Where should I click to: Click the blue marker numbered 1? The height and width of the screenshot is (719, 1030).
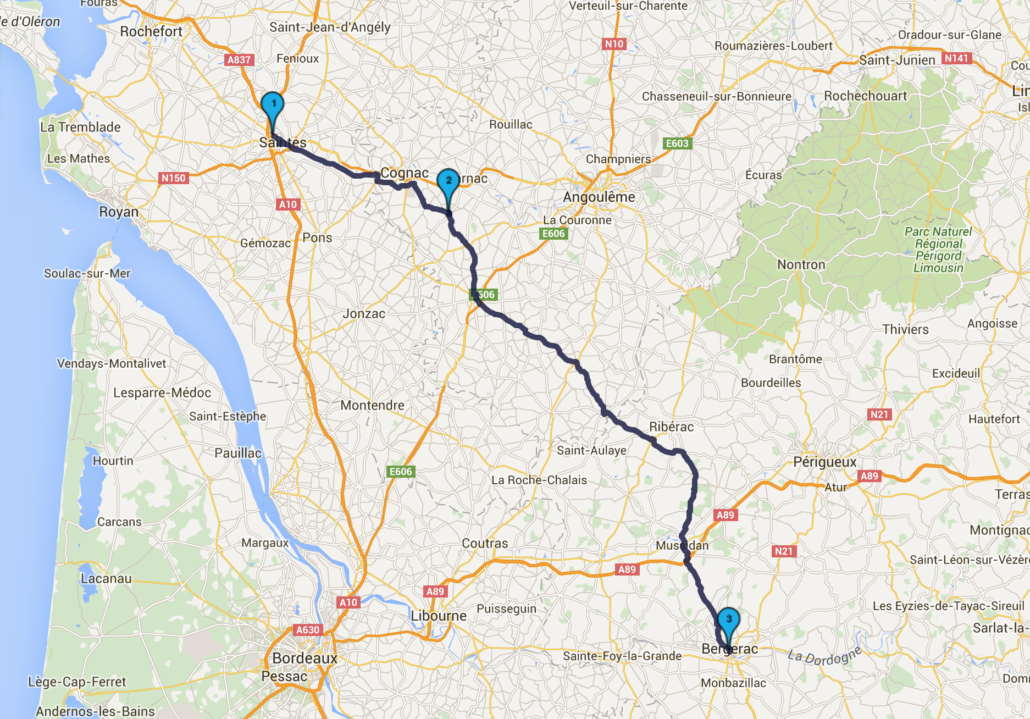click(x=272, y=104)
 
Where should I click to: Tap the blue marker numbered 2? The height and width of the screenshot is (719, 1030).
click(x=448, y=181)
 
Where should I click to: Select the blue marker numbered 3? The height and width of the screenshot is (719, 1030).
click(x=729, y=620)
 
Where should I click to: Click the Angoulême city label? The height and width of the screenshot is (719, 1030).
click(x=599, y=197)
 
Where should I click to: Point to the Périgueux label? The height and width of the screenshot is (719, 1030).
click(x=824, y=462)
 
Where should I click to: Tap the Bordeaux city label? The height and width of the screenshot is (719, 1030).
click(x=304, y=658)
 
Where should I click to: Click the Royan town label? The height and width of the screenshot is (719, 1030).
click(x=119, y=212)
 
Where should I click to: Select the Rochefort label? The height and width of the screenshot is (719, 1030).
click(x=151, y=32)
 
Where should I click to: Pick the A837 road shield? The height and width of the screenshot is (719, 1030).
click(x=239, y=60)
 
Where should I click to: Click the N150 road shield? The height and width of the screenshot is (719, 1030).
click(x=174, y=178)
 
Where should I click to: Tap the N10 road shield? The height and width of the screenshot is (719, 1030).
click(x=614, y=44)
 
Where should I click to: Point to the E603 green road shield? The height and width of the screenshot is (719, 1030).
click(x=677, y=143)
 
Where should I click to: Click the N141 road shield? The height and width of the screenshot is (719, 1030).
click(x=956, y=58)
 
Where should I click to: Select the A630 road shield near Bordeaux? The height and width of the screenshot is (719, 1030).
click(x=308, y=630)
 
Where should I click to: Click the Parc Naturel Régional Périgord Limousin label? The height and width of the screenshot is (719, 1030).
click(x=938, y=250)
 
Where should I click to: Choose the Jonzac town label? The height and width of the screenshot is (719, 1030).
click(x=364, y=313)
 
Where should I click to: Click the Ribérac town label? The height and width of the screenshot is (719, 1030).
click(x=671, y=427)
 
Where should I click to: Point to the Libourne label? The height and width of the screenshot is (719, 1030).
click(x=439, y=616)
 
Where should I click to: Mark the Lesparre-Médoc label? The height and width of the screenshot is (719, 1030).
click(x=162, y=392)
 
